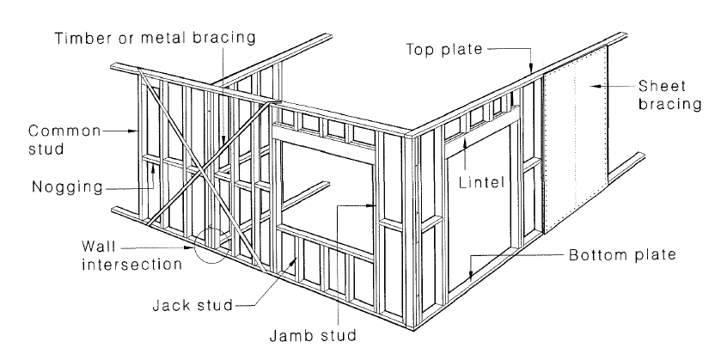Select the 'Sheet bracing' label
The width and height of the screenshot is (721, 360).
tap(669, 95)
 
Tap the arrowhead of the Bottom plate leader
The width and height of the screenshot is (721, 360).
tap(472, 277)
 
